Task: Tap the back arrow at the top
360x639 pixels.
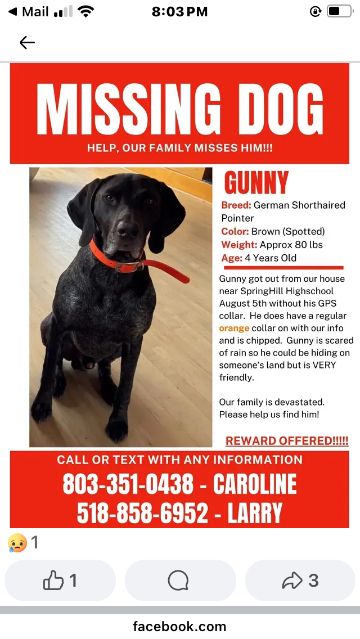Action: (x=27, y=42)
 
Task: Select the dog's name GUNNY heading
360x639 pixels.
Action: (x=256, y=183)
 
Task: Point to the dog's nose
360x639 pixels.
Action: (x=128, y=229)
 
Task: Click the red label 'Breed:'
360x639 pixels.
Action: (x=236, y=205)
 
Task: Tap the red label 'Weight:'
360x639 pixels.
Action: (x=240, y=245)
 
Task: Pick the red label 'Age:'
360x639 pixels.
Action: (x=232, y=258)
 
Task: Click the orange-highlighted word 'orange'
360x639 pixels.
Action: (x=234, y=328)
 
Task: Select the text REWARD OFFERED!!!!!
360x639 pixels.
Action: (x=287, y=440)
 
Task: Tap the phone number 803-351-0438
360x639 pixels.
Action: (x=128, y=484)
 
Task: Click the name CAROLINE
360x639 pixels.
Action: (x=255, y=484)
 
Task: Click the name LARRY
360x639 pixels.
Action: (x=255, y=512)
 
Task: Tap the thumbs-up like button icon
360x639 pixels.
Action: (x=53, y=580)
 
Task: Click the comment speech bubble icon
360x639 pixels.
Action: (x=178, y=580)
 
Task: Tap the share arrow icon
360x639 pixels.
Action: (x=292, y=580)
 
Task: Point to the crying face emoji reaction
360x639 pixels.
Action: (x=17, y=543)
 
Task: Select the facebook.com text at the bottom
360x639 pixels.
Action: (x=179, y=626)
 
